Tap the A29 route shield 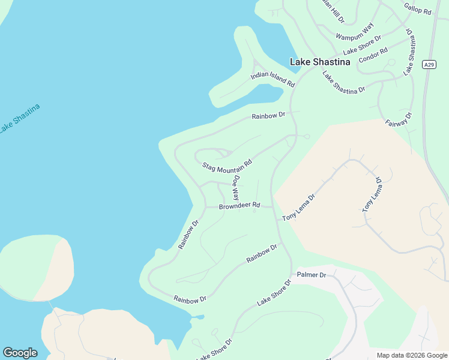coord(428,65)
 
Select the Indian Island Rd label coord(273,79)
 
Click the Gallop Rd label coord(418,8)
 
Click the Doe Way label coord(237,187)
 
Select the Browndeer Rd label coord(239,206)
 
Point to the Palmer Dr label coord(311,275)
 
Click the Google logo coord(20,353)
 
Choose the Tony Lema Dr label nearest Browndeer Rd coord(298,208)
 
